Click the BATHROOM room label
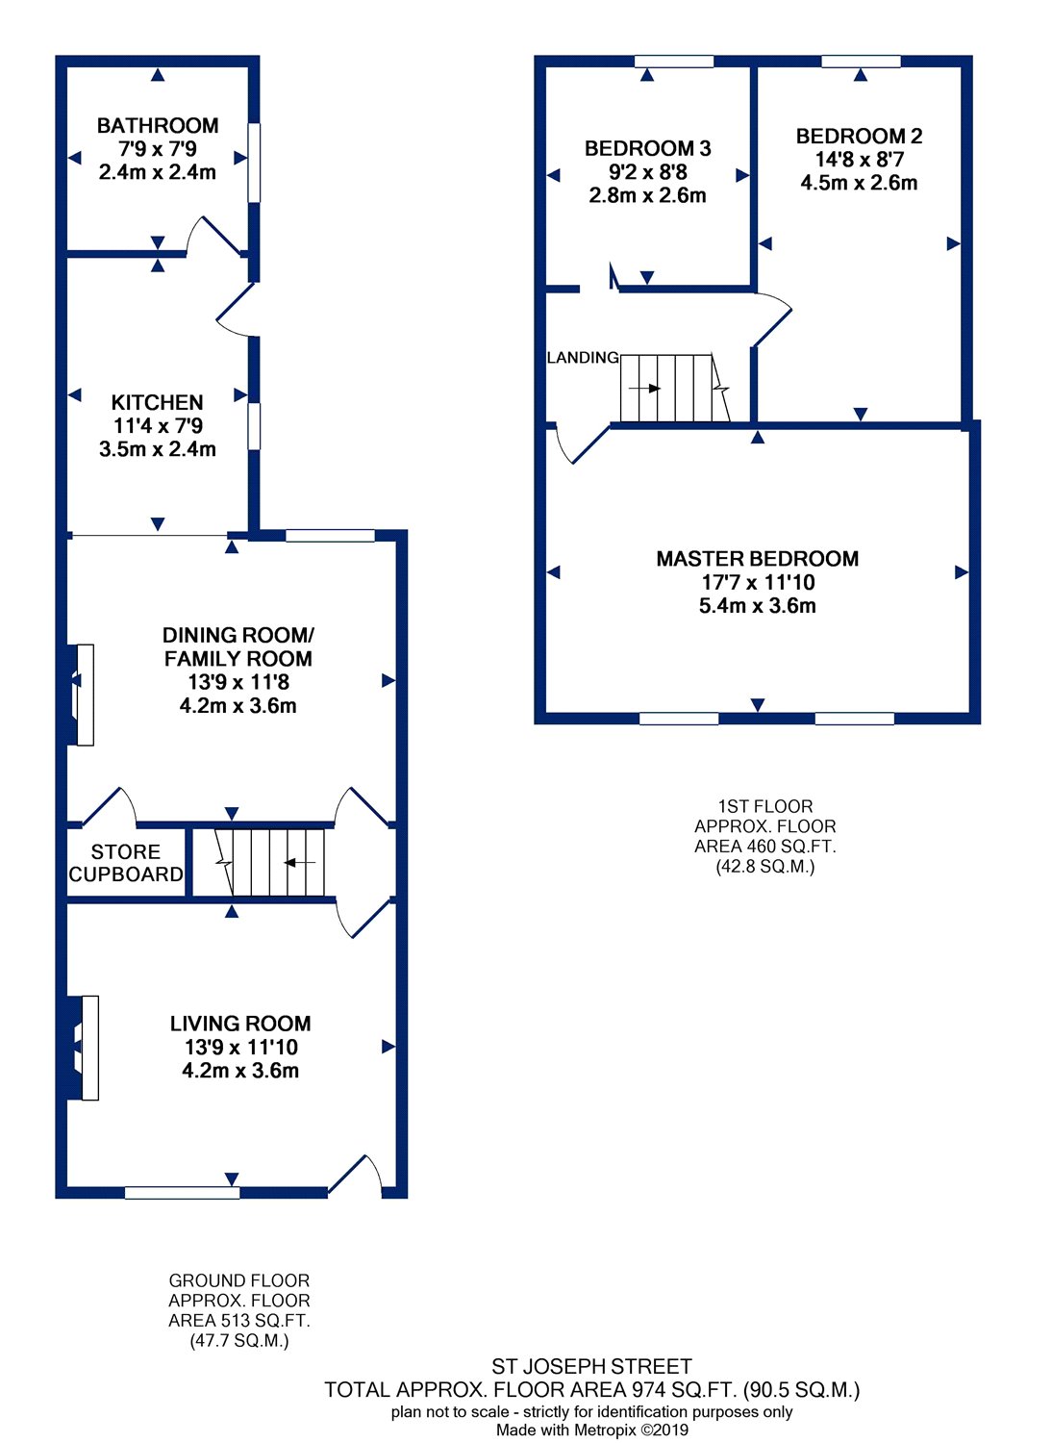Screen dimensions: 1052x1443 (x=158, y=126)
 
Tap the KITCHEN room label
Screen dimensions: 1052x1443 (x=157, y=403)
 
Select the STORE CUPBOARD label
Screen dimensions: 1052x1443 (x=126, y=863)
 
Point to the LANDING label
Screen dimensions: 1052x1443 (x=583, y=358)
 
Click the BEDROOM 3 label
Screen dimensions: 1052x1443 (x=648, y=149)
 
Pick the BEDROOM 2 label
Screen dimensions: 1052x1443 (x=859, y=136)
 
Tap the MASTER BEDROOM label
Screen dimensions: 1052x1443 (x=757, y=559)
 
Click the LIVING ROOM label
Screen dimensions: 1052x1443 (x=240, y=1024)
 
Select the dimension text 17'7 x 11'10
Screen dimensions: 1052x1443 (x=758, y=582)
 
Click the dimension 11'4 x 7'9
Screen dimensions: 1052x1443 (x=158, y=426)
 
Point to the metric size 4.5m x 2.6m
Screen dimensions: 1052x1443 (x=859, y=183)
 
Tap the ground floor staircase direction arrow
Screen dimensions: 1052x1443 (x=299, y=862)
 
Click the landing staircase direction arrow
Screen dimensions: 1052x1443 (x=645, y=389)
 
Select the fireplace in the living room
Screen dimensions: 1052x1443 (x=83, y=1049)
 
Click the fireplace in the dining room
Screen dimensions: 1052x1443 (x=81, y=696)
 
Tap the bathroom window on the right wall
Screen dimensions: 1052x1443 (x=254, y=163)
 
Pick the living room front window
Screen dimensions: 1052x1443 (x=182, y=1193)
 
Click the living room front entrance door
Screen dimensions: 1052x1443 (x=356, y=1175)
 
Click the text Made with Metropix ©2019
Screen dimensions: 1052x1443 (x=591, y=1430)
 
